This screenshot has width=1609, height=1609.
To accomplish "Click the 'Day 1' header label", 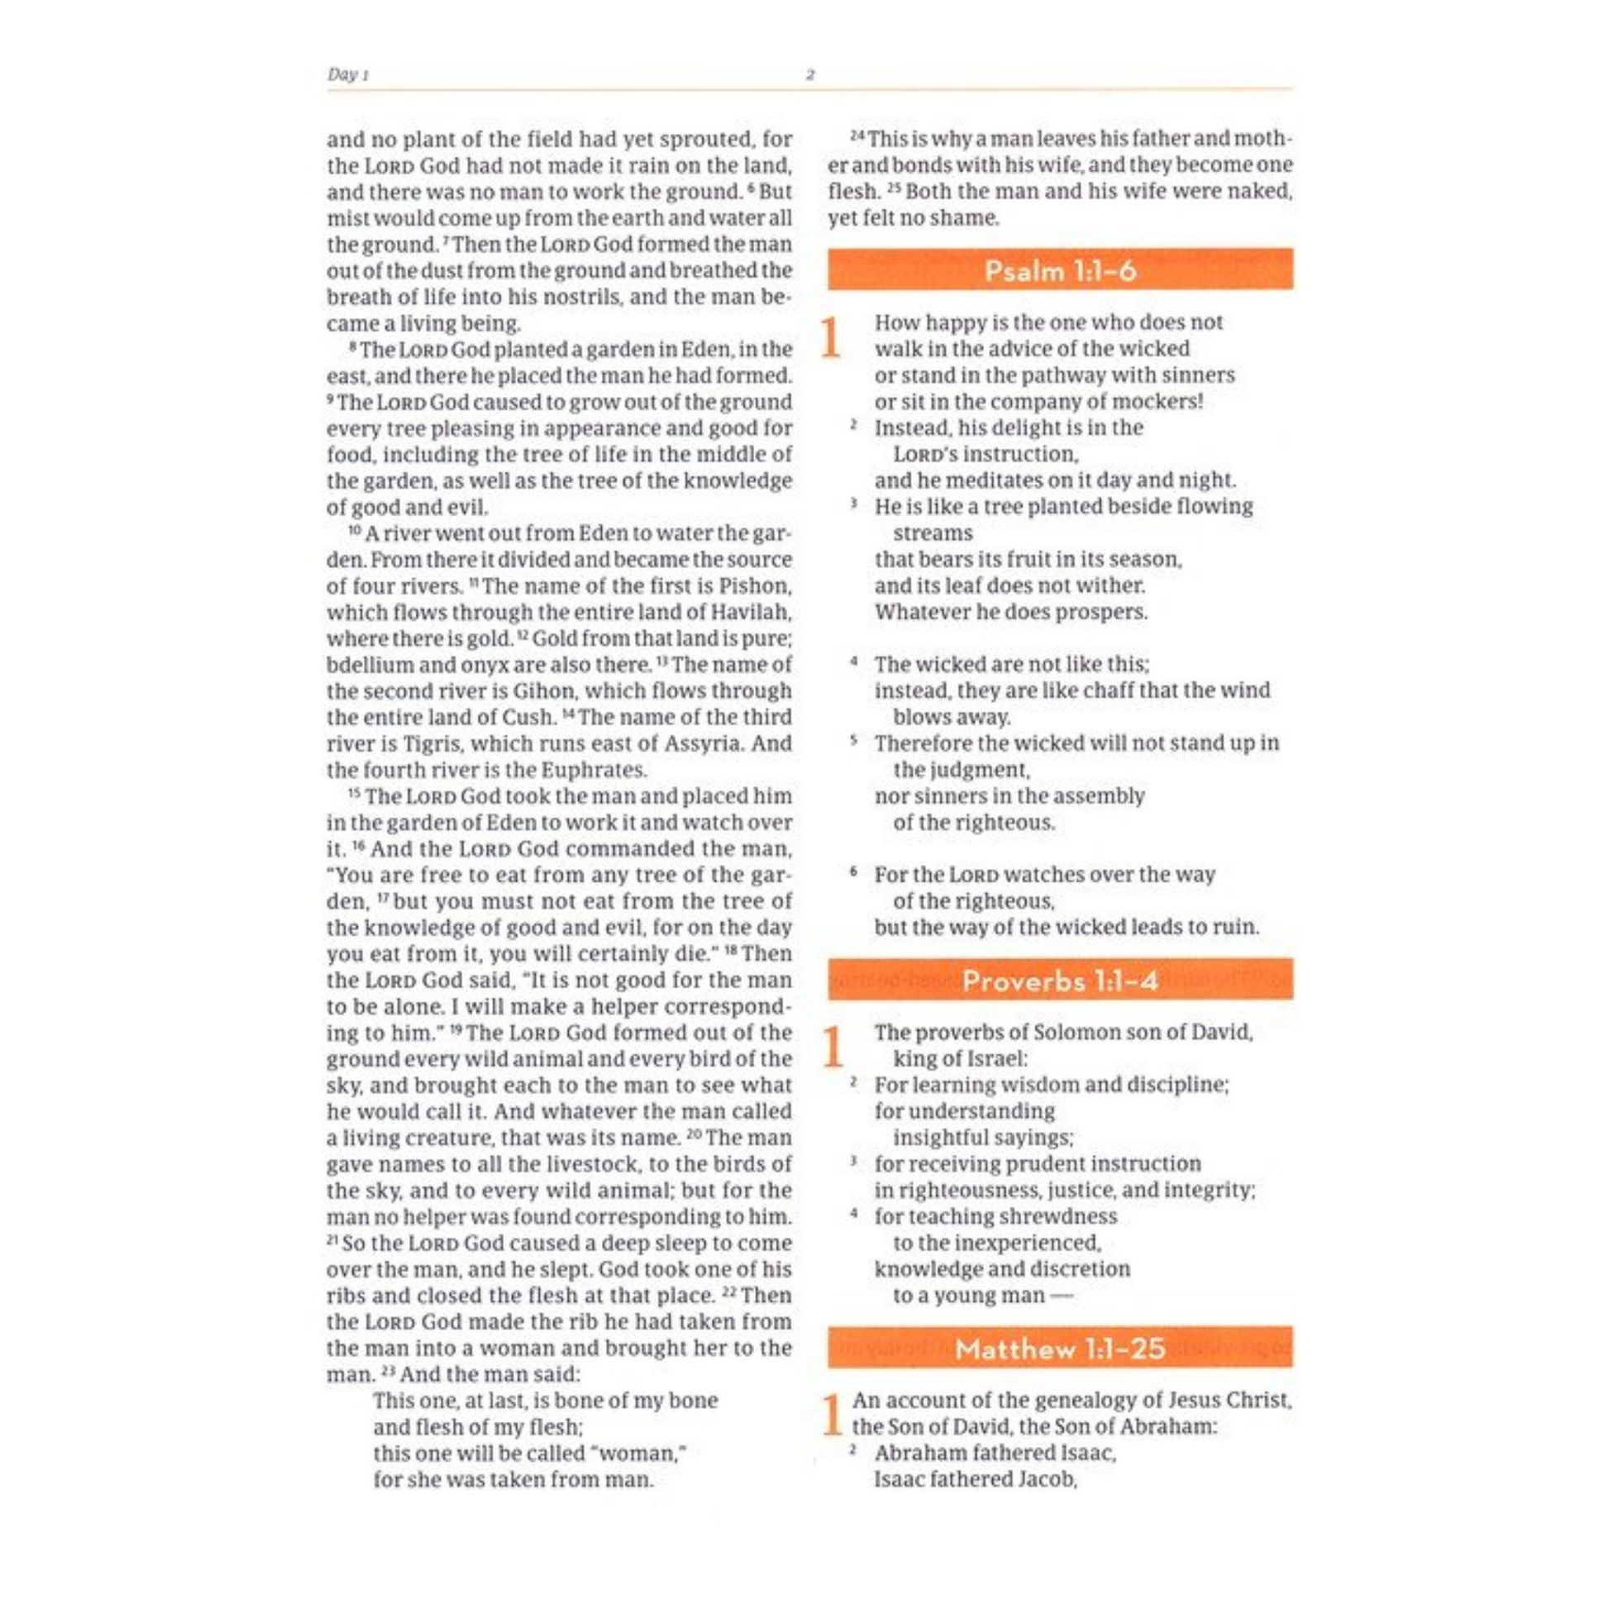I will (x=347, y=75).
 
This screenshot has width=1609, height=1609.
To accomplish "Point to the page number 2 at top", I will (x=809, y=75).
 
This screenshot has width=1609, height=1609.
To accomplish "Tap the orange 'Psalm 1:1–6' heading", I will (x=1060, y=270).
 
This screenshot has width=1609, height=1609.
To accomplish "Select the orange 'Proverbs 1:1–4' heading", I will (x=1060, y=981).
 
